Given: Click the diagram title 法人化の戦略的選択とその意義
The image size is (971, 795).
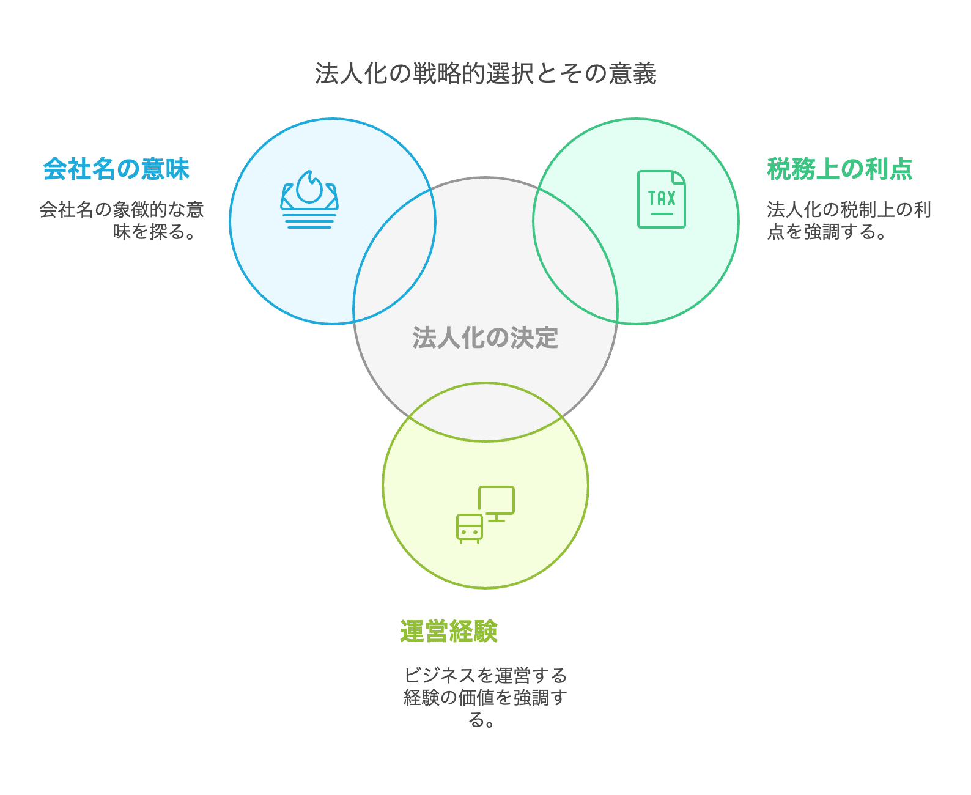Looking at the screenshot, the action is [485, 74].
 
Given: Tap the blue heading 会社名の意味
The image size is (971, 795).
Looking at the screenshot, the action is [116, 169].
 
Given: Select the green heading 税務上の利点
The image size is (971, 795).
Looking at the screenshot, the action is [840, 169].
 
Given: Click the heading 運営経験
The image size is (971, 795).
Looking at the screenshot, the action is [449, 631].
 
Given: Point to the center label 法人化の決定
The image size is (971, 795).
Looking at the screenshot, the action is [485, 338].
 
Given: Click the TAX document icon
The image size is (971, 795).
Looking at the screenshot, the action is [661, 199].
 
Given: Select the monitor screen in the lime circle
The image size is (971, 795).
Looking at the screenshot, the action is [497, 501].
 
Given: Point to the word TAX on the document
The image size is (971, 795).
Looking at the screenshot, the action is [662, 199].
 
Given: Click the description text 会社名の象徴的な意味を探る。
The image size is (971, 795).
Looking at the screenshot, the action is [122, 221].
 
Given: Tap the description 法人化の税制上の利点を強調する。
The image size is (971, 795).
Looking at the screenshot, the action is [849, 221].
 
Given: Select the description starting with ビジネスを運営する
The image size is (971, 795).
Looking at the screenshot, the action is [485, 697].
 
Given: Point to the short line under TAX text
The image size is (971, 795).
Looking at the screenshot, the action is [662, 214].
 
